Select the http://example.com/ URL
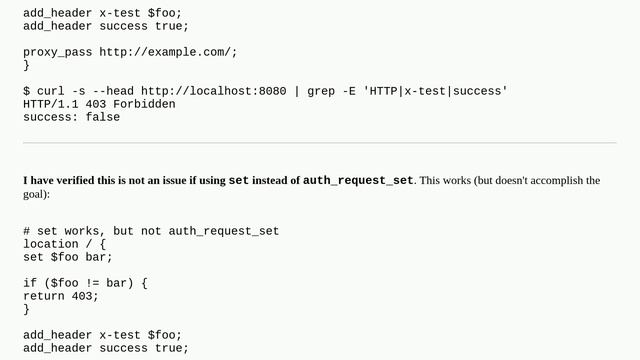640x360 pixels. coord(168,52)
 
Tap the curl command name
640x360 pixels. coord(50,91)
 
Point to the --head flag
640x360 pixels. coord(116,91)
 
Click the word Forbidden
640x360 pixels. coord(144,104)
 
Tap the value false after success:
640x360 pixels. coord(102,117)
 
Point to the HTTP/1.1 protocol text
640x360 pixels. coord(50,104)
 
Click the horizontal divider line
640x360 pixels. coord(320,143)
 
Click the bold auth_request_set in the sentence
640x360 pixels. coord(358,181)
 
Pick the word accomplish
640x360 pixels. coord(549,181)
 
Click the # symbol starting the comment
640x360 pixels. coord(27,231)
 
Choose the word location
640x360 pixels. coord(50,244)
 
